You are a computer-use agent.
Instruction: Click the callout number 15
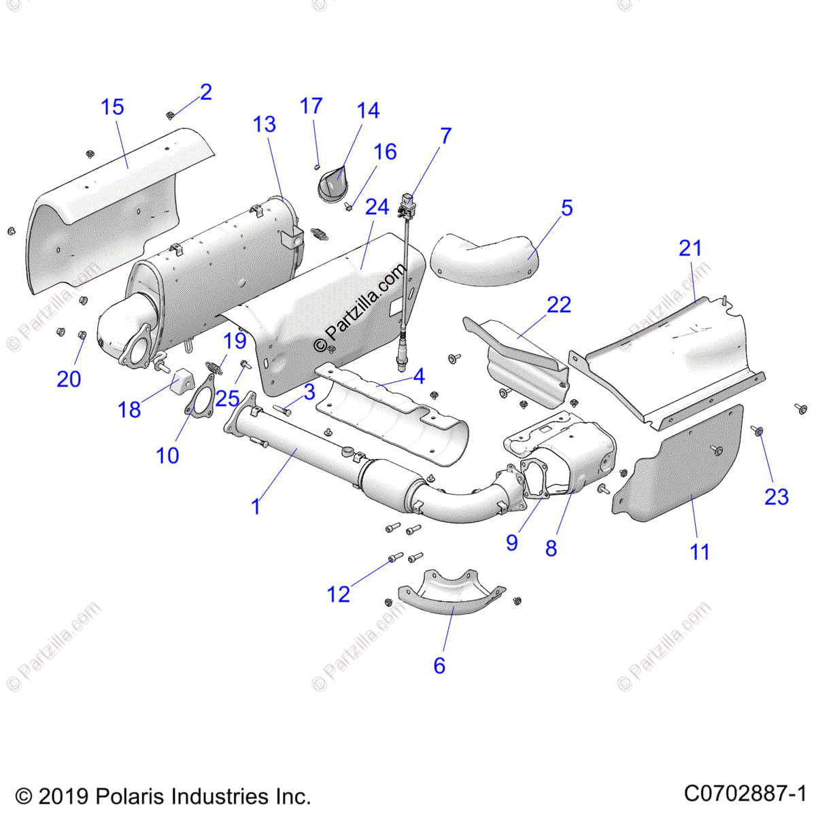[x=113, y=107]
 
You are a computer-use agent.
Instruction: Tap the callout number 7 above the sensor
[x=445, y=136]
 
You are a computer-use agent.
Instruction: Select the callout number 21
[x=690, y=248]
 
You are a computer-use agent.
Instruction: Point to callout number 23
[x=776, y=497]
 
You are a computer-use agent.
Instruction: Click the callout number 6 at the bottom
[x=439, y=665]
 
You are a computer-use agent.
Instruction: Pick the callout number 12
[x=339, y=594]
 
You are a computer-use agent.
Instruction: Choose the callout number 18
[x=129, y=409]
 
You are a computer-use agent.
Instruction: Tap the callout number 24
[x=377, y=207]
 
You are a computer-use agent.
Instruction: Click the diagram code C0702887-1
[x=745, y=794]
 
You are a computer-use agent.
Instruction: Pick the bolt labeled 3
[x=284, y=410]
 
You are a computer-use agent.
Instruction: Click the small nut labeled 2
[x=171, y=115]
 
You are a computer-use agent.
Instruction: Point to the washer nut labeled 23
[x=758, y=430]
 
